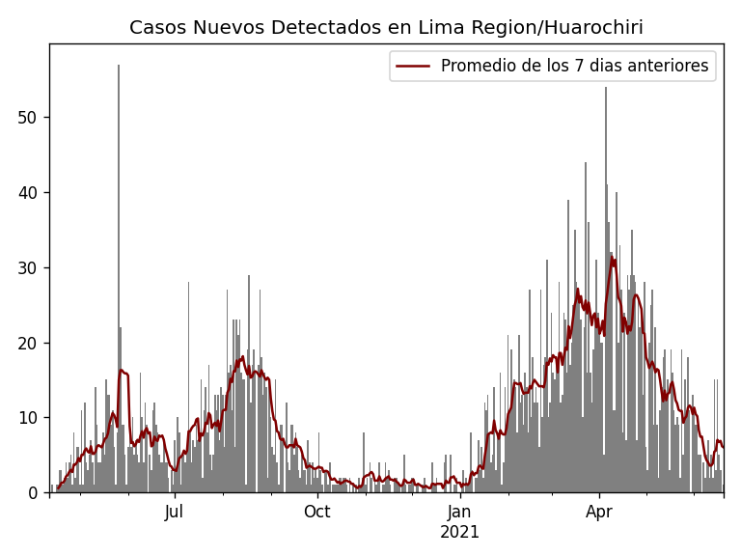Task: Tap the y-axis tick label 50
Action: click(x=30, y=118)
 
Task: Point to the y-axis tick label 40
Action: click(x=30, y=193)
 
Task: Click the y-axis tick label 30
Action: click(x=30, y=267)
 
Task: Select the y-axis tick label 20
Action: click(x=30, y=343)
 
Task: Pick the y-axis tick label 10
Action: click(x=30, y=418)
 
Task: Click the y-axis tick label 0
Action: click(x=35, y=492)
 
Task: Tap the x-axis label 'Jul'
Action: click(x=175, y=513)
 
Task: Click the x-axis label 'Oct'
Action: click(x=317, y=513)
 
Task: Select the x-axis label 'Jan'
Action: click(x=460, y=513)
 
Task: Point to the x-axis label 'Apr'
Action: click(x=599, y=513)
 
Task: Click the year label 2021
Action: click(x=460, y=532)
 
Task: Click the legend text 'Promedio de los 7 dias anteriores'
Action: click(x=574, y=66)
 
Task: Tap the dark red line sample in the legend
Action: click(x=413, y=66)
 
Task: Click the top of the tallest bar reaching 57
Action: click(x=119, y=66)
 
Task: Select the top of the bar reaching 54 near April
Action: click(x=606, y=88)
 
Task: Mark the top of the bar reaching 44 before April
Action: click(x=585, y=163)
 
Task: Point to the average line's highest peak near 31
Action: click(x=612, y=258)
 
